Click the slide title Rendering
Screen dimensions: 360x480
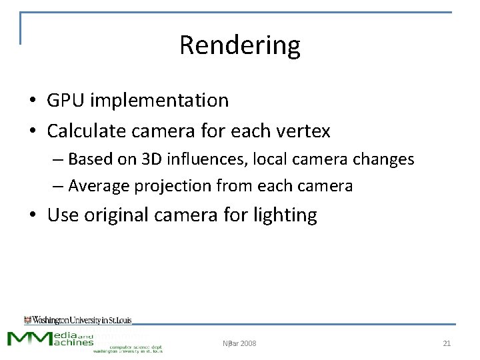240,45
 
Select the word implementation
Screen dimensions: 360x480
159,101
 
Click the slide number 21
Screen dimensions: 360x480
447,343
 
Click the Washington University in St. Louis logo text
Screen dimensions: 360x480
78,320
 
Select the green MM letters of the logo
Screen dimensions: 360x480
30,338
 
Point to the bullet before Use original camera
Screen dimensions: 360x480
32,215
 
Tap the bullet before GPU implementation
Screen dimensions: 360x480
32,101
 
